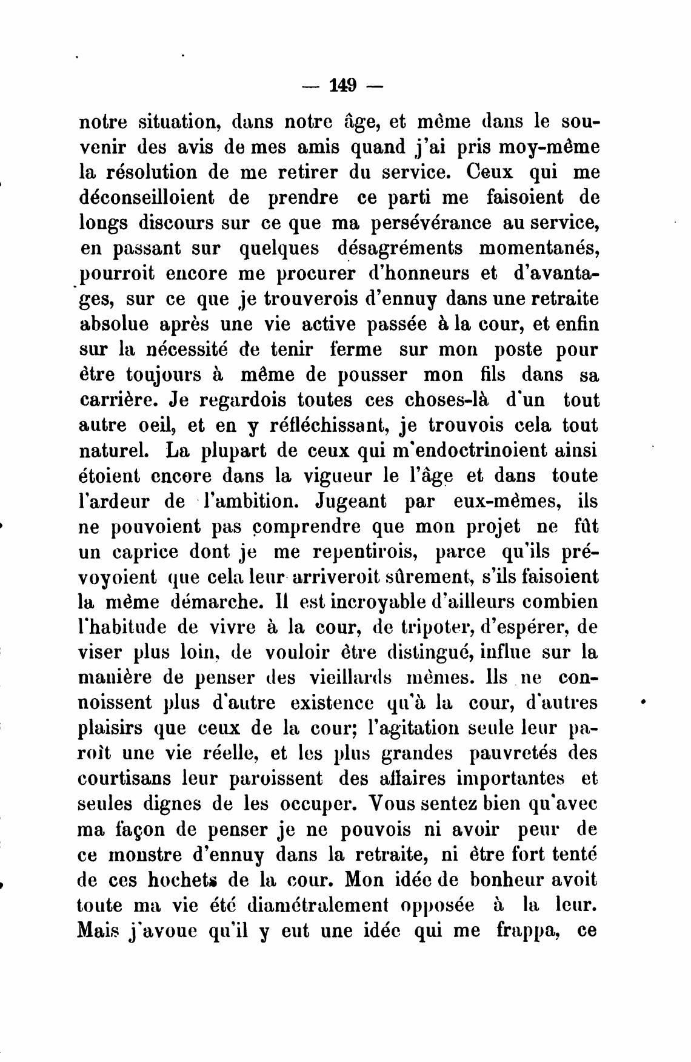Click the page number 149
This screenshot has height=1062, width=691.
pos(342,86)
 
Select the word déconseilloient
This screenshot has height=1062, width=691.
pos(161,198)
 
